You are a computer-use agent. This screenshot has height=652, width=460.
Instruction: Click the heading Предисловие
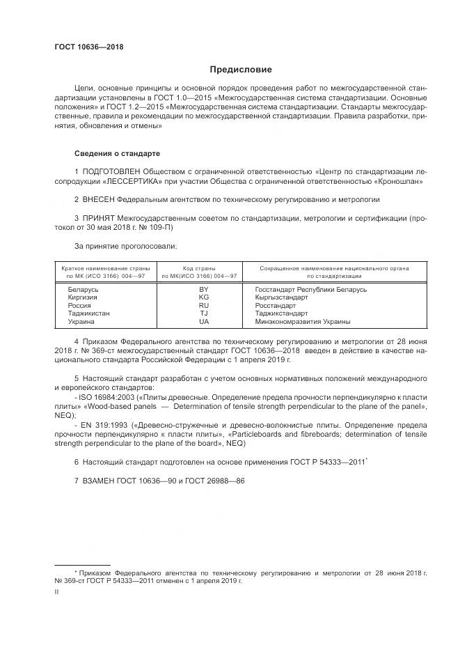point(241,70)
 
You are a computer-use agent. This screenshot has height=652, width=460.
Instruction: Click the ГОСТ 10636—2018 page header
point(88,48)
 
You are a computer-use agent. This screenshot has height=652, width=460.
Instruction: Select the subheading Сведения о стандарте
point(117,153)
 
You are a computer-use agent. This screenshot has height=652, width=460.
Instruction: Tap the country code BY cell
point(204,288)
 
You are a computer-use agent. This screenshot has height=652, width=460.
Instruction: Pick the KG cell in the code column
point(204,297)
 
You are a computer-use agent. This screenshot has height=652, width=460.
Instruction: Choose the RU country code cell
point(204,305)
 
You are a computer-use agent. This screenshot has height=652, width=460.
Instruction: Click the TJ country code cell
point(204,313)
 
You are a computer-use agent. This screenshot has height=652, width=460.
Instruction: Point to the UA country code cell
point(204,322)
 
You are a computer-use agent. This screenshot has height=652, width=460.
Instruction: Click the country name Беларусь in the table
point(84,288)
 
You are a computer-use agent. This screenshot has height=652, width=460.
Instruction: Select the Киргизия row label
point(83,297)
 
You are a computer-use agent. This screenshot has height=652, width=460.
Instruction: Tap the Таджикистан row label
point(88,313)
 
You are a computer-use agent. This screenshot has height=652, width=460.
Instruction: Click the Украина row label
point(81,322)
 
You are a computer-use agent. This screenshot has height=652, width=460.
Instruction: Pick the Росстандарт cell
point(276,305)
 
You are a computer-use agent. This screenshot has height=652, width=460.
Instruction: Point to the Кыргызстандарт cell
point(282,297)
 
